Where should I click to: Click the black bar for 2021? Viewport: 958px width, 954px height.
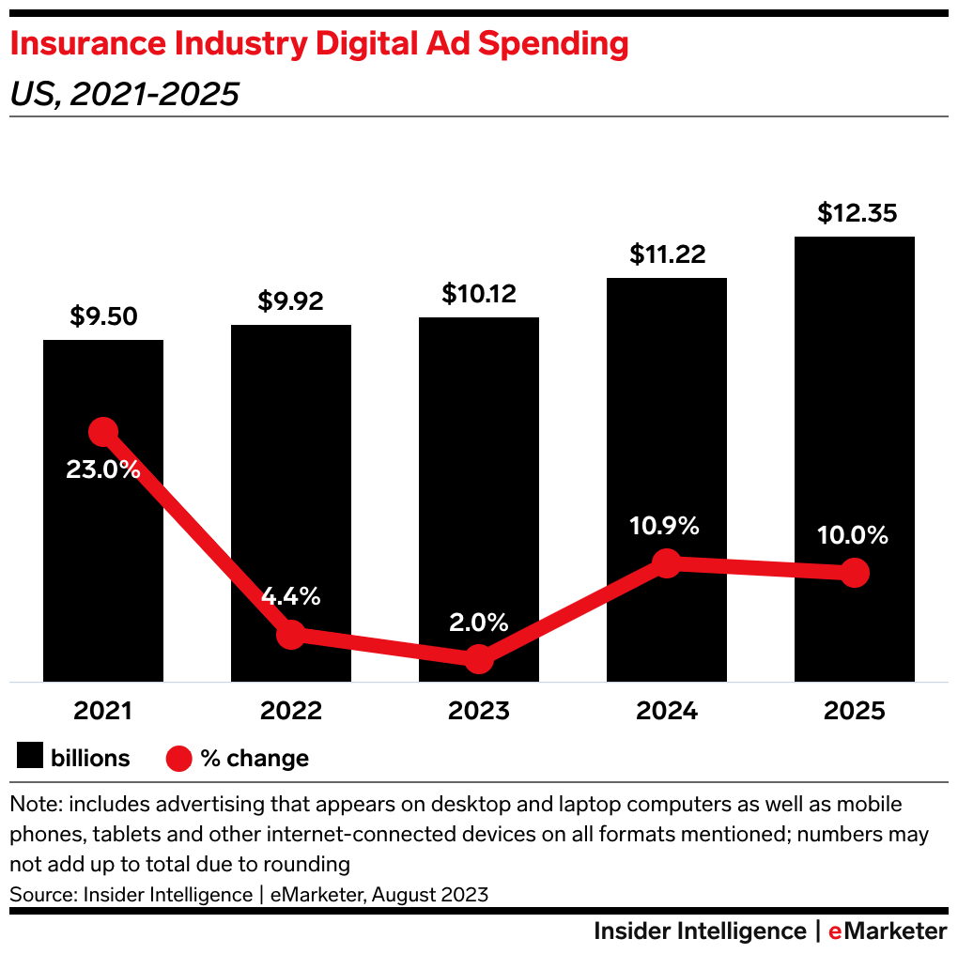(x=103, y=563)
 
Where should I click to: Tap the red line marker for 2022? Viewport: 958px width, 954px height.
(x=291, y=634)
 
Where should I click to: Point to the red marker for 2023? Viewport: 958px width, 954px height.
(x=479, y=658)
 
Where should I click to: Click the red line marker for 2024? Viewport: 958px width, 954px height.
(x=666, y=563)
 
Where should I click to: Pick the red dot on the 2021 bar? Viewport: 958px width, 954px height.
(x=103, y=432)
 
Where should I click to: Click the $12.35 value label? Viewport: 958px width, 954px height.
(x=857, y=213)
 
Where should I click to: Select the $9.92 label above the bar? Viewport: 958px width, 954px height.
(x=290, y=301)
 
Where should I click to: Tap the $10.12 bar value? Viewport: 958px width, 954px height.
(x=479, y=294)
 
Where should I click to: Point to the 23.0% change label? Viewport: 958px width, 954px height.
(x=103, y=469)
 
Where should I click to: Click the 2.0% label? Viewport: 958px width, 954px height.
(x=478, y=622)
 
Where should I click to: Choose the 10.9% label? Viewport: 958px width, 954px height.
(x=665, y=526)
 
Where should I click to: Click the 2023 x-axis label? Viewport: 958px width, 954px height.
(x=479, y=711)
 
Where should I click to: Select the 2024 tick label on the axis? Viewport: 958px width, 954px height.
(x=666, y=711)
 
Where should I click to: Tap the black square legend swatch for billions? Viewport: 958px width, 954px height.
(x=31, y=757)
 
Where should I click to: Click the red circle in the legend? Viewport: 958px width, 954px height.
(x=179, y=758)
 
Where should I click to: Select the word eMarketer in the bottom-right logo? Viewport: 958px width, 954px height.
(x=888, y=931)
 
